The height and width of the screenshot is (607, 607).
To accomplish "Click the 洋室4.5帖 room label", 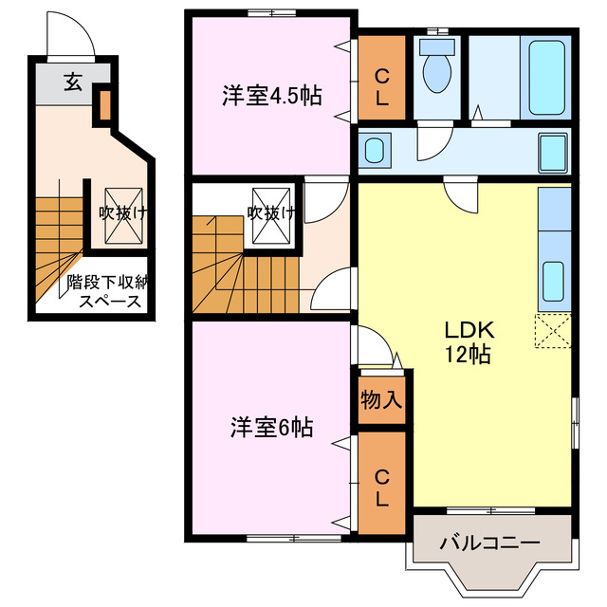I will (271, 95).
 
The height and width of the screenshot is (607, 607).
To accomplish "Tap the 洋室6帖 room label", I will (271, 428).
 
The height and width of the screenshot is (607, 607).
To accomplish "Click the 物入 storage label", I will (381, 400).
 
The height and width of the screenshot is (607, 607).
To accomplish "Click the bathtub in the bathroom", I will (548, 75).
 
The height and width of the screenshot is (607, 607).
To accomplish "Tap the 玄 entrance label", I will (73, 81).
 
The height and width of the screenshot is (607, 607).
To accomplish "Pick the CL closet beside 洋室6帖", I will (381, 487).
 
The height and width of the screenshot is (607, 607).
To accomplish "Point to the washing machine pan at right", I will (551, 151).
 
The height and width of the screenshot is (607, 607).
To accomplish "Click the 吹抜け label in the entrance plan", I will (122, 213).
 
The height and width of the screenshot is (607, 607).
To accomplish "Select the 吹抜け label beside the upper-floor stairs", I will (268, 212).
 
